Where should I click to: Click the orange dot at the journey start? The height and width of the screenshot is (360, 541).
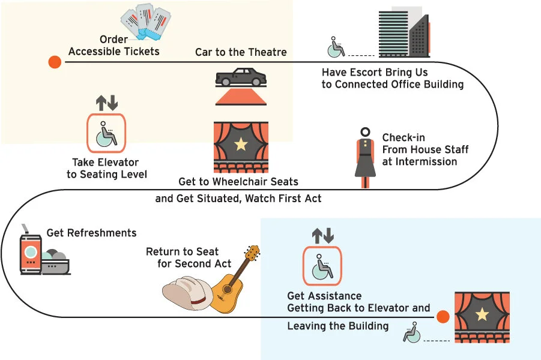point(55,62)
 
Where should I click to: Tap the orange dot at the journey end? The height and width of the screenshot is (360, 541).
point(443,317)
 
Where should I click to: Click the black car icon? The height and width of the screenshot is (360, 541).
point(240,77)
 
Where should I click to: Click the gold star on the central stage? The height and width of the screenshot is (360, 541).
point(241,144)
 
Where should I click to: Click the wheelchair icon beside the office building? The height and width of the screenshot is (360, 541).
point(336,47)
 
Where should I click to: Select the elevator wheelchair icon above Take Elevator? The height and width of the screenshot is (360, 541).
point(107,132)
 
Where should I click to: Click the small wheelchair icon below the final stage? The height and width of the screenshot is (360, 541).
point(412,332)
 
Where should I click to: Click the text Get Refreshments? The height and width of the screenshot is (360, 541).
point(91,233)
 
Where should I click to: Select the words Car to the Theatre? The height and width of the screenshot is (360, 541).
point(241,52)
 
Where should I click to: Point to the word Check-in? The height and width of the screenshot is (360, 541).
point(403,138)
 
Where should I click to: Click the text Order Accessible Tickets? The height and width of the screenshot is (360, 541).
point(114,46)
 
